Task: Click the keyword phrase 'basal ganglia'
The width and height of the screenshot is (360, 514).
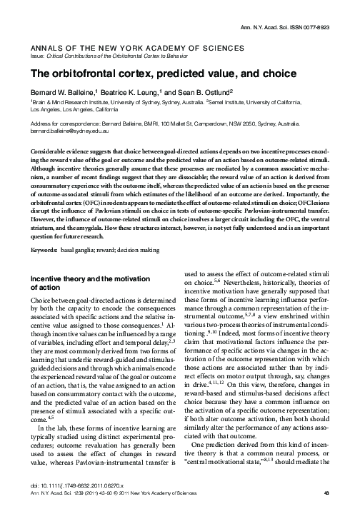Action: click(84, 231)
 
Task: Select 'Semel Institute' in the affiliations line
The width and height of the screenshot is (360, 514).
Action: click(231, 103)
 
